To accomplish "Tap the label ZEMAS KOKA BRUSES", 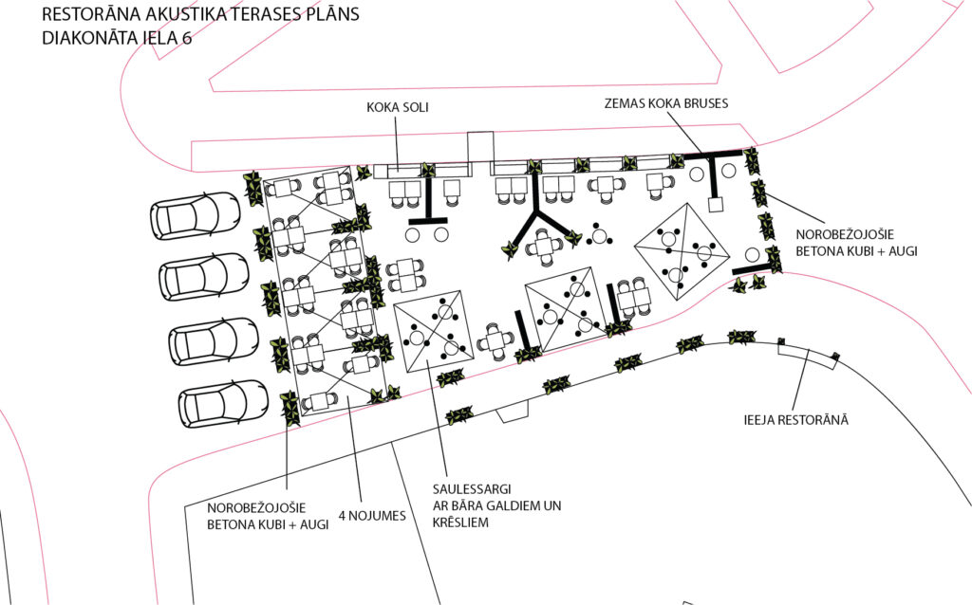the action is click(666, 102).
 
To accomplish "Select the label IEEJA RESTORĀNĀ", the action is click(796, 420).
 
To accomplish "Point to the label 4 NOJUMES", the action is click(372, 516).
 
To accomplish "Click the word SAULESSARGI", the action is click(472, 489).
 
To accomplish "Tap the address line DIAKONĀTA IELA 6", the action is click(117, 38).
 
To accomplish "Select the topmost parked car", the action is click(196, 215).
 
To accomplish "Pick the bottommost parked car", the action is click(223, 403).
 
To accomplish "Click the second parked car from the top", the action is click(204, 277).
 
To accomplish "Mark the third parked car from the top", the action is click(214, 341).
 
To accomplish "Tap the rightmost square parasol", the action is click(682, 250).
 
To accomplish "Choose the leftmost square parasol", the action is click(433, 331).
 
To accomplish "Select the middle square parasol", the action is click(566, 309).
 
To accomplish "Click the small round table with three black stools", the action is click(599, 234).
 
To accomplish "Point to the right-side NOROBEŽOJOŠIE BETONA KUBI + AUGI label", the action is click(857, 243).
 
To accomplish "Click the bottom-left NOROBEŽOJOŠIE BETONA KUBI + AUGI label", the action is click(268, 516).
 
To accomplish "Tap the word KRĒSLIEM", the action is click(460, 522).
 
